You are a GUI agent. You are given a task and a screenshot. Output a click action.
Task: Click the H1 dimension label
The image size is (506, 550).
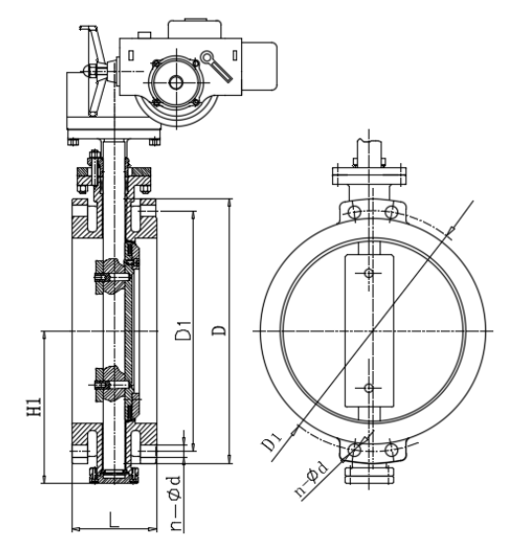coord(35,407)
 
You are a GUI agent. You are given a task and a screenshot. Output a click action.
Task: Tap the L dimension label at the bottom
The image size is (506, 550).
coord(114,519)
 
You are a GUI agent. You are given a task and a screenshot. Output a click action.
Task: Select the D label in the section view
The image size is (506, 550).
coord(219,330)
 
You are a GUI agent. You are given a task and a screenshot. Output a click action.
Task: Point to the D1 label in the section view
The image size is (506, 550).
coord(184,329)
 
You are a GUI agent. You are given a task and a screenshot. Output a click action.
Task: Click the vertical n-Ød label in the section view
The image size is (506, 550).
coord(175,503)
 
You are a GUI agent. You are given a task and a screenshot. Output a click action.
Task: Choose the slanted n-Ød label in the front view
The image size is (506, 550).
coord(312,479)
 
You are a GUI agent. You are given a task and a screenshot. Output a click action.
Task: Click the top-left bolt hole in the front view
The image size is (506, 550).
coord(355,211)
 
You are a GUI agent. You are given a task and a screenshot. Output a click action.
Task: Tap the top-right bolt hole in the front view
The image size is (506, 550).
coord(390,212)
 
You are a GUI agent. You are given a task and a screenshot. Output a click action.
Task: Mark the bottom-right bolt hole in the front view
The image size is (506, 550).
coord(391,450)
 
